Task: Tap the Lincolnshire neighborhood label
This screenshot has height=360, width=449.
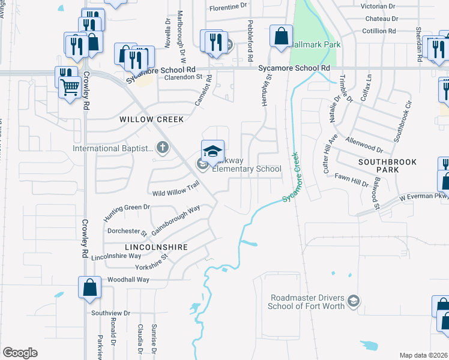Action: [x=156, y=247]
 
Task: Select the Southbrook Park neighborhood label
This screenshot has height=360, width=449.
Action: [x=387, y=166]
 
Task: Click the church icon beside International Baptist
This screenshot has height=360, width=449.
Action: [x=161, y=146]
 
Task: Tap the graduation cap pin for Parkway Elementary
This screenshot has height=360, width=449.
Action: [x=212, y=151]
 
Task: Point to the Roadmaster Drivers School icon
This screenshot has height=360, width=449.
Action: [x=354, y=300]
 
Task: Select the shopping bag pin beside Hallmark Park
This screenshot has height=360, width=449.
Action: [x=281, y=37]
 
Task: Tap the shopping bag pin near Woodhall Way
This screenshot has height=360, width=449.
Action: [x=89, y=287]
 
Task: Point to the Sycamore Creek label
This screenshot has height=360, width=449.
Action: [x=295, y=176]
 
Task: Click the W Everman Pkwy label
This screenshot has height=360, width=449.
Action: [x=424, y=196]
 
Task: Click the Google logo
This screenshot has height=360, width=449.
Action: [x=20, y=353]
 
